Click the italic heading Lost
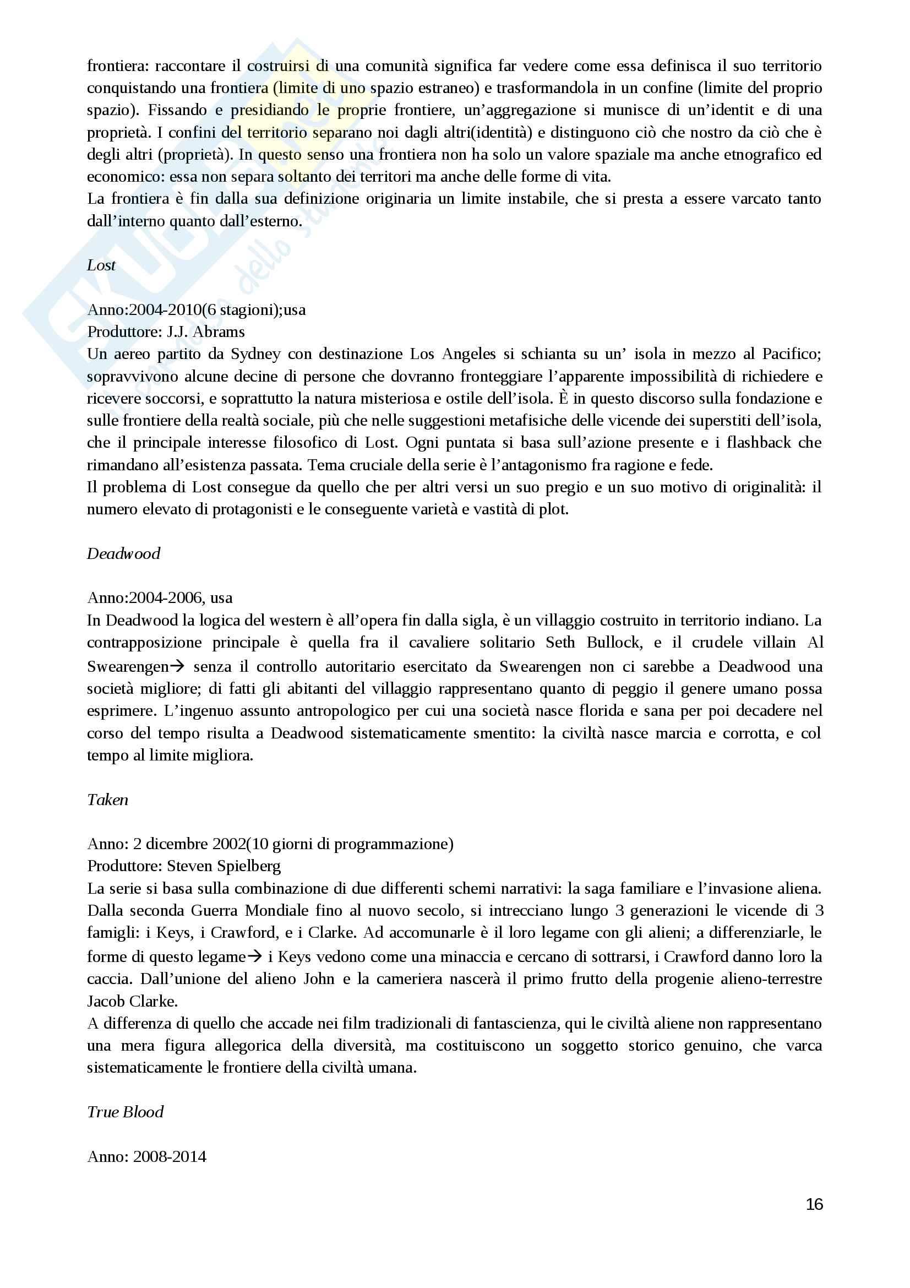(101, 265)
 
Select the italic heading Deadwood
(123, 553)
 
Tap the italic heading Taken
(108, 800)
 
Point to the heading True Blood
(125, 1112)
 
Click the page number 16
(814, 1204)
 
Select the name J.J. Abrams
(206, 332)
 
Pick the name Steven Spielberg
(224, 866)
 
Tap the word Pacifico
(791, 354)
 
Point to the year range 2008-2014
(170, 1156)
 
